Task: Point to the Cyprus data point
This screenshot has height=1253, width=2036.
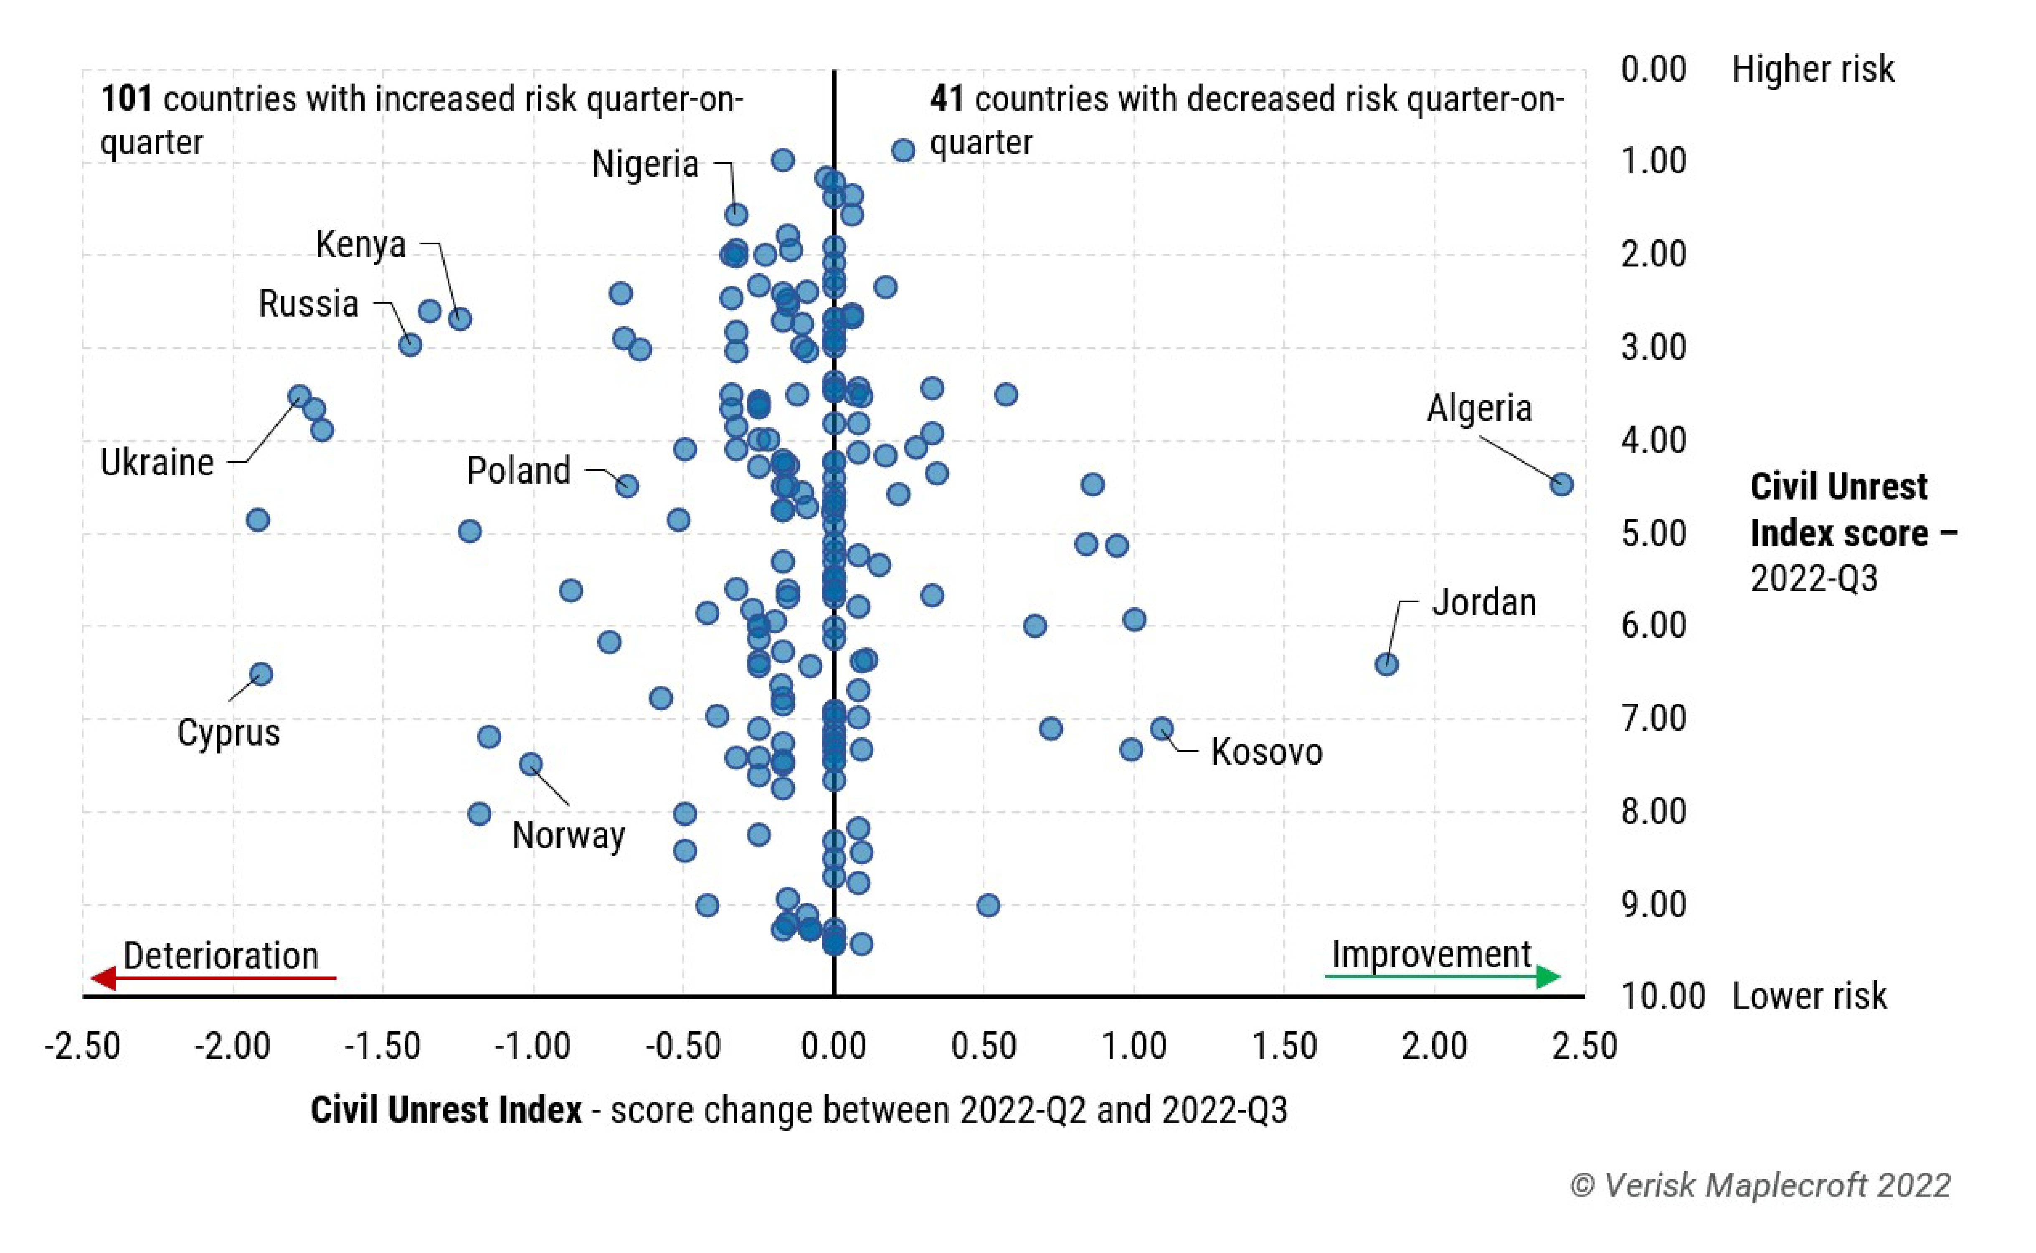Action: point(261,674)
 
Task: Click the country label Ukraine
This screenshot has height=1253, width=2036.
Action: point(157,462)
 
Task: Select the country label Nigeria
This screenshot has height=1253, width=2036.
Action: point(645,164)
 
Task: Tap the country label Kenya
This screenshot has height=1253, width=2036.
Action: point(360,244)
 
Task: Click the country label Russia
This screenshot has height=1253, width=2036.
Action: point(308,304)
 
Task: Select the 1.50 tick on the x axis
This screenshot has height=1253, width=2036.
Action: point(1283,1046)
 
